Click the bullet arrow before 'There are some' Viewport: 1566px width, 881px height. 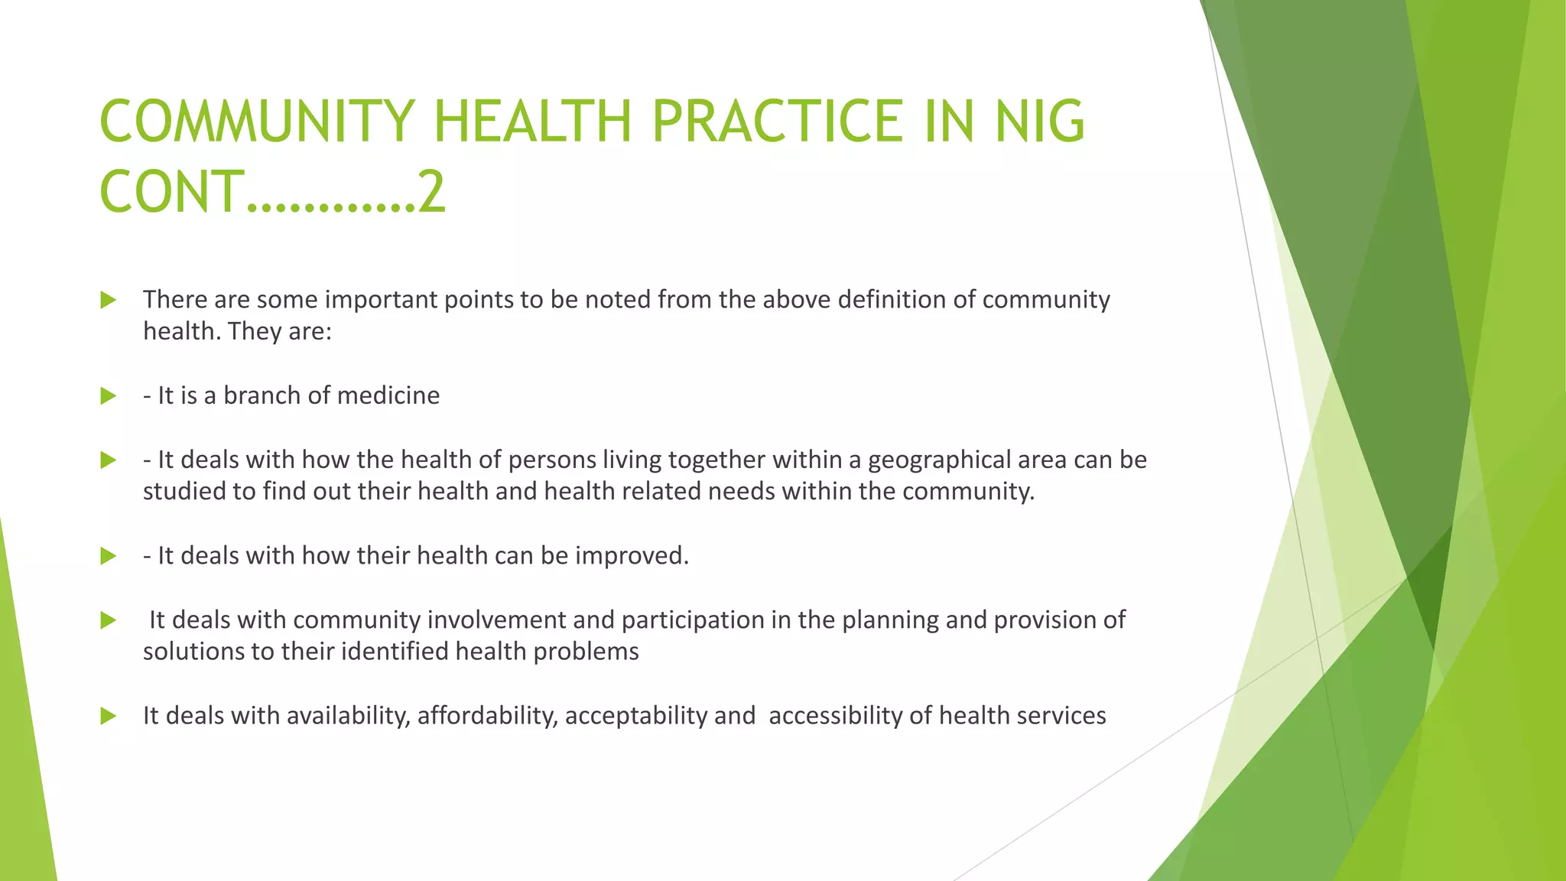click(x=108, y=300)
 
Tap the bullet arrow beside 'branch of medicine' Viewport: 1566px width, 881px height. click(x=108, y=396)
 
